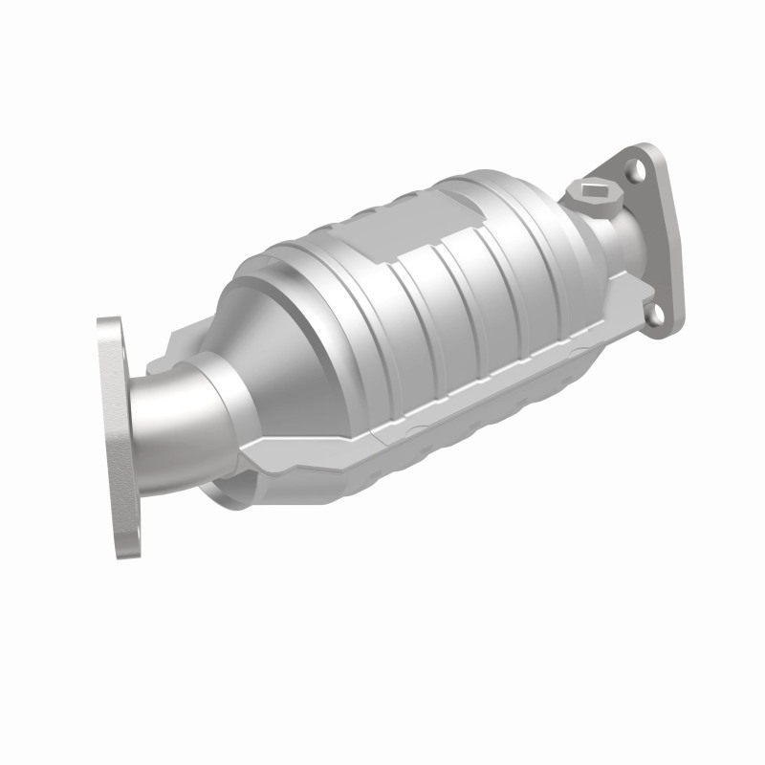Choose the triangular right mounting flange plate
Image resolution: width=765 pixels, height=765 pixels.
(660, 244)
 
